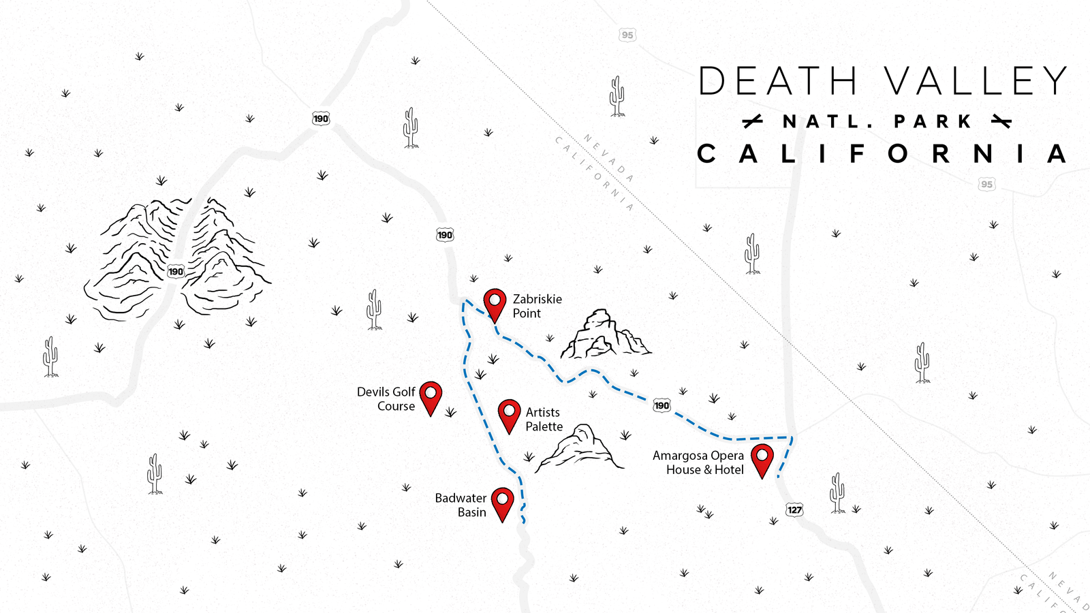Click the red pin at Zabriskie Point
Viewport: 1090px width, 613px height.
495,302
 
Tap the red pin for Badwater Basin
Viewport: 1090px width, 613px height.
502,501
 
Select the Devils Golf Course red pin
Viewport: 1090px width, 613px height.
431,396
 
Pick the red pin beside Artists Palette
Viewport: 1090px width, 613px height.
509,414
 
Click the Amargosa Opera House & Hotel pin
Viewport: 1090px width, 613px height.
762,458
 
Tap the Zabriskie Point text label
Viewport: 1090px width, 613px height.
537,306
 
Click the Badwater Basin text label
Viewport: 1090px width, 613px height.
461,505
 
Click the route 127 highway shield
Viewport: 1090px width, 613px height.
794,509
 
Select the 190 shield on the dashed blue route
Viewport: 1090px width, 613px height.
661,405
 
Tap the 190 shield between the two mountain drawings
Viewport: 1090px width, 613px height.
176,271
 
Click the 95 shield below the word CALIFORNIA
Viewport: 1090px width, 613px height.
986,184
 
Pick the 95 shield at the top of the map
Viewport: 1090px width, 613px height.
627,35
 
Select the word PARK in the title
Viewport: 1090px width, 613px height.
933,122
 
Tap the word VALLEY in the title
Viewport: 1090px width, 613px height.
976,81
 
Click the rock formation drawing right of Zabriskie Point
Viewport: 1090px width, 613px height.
603,335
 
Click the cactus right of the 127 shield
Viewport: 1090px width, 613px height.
837,492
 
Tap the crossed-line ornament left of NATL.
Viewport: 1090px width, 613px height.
752,122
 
